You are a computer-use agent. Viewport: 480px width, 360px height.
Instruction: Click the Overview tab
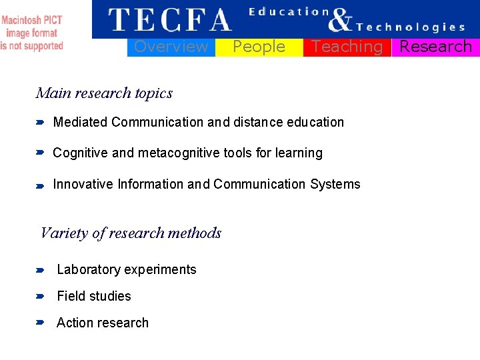[x=171, y=47]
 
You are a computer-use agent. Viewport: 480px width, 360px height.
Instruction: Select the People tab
[x=259, y=47]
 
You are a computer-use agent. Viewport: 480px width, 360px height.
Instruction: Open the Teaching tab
[x=347, y=47]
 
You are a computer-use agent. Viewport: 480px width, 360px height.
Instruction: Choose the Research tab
[x=435, y=47]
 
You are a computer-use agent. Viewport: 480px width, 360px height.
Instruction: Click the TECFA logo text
[x=169, y=20]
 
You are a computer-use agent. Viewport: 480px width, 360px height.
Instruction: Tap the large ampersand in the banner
[x=340, y=20]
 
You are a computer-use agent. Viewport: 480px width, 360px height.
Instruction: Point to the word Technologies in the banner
[x=411, y=27]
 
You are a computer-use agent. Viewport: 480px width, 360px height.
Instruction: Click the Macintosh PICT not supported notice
[x=32, y=33]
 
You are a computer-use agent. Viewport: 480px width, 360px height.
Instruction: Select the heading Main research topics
[x=104, y=93]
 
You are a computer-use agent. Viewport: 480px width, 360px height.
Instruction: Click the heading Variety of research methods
[x=131, y=233]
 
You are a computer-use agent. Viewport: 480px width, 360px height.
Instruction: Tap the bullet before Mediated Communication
[x=39, y=123]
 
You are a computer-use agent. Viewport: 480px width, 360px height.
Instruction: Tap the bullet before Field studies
[x=39, y=297]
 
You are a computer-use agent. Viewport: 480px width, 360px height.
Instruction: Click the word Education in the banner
[x=289, y=11]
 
